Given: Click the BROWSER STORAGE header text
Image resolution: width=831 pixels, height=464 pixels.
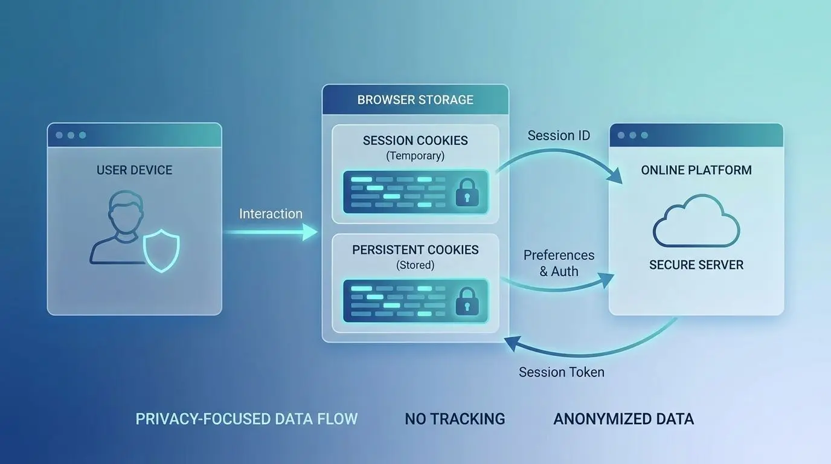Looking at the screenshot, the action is coord(415,100).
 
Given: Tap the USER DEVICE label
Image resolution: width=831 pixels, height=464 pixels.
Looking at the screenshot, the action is coord(134,170).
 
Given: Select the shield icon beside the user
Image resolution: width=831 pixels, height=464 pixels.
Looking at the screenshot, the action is coord(161,251).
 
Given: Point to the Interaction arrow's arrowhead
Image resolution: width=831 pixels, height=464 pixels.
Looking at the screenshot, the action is coord(310,232).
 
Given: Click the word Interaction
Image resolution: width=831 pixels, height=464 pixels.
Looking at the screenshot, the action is coord(271,214).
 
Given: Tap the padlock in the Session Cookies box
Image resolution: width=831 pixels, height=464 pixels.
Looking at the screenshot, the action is coord(467,192).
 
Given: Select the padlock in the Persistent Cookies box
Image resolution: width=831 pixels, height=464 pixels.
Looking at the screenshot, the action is coord(467,301).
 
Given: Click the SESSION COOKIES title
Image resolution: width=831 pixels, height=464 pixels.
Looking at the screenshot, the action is coord(415,141).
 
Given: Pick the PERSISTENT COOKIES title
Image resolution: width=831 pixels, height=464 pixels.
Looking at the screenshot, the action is coord(415,250).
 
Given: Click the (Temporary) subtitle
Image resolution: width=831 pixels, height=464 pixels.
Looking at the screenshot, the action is coord(415,155).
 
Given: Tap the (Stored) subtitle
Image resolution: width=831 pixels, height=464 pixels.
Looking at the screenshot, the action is coord(415,265).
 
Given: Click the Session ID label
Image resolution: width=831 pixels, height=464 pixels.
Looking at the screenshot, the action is coord(559,135).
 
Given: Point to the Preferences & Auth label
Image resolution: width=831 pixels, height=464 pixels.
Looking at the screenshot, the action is coord(559,263).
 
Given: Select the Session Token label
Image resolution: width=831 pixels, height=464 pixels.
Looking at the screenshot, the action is coord(561,372).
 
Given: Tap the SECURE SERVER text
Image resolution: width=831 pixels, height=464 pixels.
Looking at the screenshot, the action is coord(696,265).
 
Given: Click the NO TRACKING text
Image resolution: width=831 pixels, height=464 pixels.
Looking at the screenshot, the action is coord(455,419).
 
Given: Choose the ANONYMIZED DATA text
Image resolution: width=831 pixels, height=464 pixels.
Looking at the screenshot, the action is coord(624,419).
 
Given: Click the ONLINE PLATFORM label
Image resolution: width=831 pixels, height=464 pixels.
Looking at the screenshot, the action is coord(696,170).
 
